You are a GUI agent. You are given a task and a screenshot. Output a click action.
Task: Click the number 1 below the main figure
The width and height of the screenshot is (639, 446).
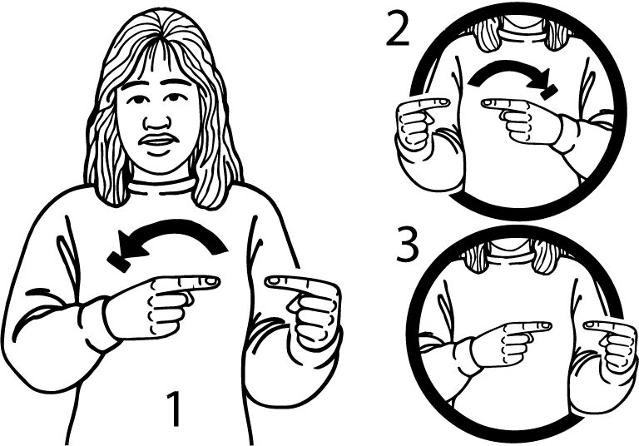coord(175,409)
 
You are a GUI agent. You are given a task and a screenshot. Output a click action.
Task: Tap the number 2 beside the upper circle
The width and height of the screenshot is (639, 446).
coord(398,29)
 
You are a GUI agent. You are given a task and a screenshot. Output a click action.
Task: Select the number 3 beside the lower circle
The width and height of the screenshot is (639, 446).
coord(408,246)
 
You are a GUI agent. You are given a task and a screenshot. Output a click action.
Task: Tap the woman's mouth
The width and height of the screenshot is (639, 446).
coord(157,141)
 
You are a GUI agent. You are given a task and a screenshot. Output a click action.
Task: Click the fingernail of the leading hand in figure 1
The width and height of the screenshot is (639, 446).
coord(211,281)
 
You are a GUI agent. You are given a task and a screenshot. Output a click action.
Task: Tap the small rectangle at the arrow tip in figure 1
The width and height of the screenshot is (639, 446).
coord(119,262)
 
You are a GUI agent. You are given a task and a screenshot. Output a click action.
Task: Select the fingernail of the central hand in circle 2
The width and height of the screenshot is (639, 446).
coord(488,103)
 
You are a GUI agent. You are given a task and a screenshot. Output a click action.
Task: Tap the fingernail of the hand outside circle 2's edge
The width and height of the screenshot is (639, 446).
coord(443,102)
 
